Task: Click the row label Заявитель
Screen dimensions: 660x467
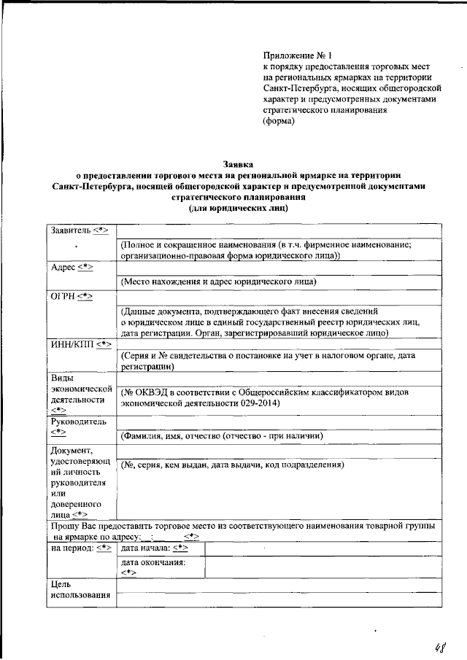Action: (x=70, y=230)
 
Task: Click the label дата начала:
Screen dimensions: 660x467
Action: (x=145, y=548)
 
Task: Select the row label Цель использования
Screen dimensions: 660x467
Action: (x=79, y=590)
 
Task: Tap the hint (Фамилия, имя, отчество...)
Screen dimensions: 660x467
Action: (x=222, y=435)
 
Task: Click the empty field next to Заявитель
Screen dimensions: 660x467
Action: (x=279, y=231)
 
